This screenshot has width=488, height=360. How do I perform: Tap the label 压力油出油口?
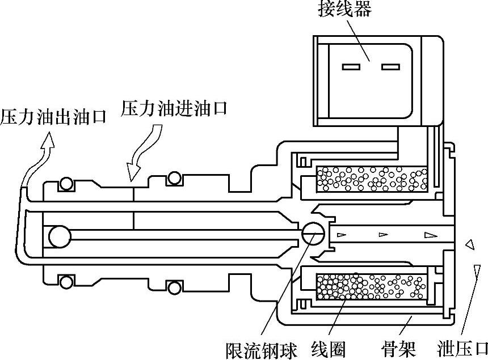[53, 117]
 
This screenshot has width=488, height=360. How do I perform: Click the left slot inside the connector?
[351, 67]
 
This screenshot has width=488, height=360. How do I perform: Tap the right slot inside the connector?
[390, 67]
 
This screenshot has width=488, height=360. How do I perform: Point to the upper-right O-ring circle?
[173, 179]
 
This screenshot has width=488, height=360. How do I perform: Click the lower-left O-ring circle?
[68, 281]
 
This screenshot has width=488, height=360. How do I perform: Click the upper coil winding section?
[372, 179]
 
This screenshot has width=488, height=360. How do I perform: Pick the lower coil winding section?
[372, 286]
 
